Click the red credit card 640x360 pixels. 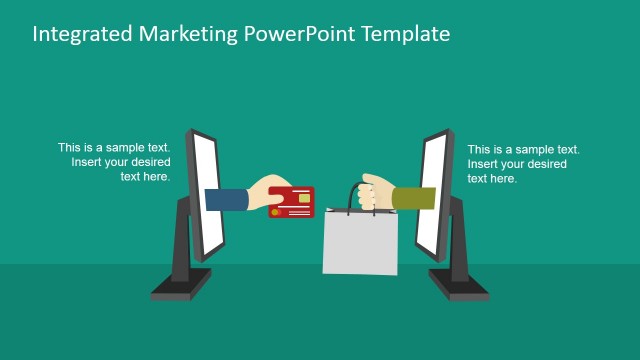292,201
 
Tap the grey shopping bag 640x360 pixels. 359,242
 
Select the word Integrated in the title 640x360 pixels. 83,34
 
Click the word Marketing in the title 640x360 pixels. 187,34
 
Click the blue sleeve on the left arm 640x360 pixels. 226,199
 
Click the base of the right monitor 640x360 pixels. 459,286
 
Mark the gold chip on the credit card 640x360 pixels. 303,197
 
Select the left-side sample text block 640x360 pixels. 114,162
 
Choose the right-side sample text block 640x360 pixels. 523,164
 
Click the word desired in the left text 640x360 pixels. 149,162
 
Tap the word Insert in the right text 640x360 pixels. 483,164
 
